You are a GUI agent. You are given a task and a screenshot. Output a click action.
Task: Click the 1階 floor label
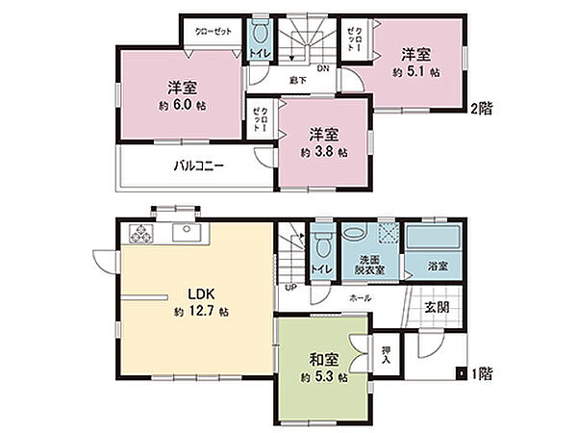(481, 372)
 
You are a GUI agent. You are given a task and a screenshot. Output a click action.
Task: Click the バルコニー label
(198, 166)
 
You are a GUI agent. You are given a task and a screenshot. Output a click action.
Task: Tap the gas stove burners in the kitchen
(140, 234)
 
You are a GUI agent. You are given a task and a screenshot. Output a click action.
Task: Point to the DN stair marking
(323, 68)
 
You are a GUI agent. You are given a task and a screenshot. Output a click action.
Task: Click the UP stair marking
(289, 287)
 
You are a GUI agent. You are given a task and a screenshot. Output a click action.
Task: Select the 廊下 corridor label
(298, 81)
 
